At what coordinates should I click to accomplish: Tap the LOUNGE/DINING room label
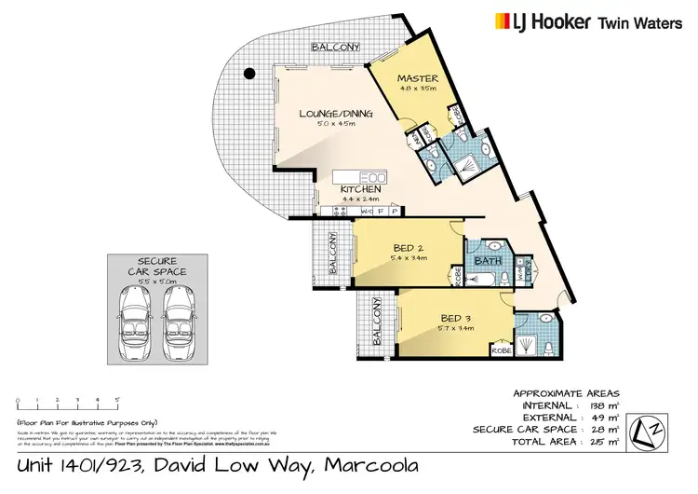click(335, 114)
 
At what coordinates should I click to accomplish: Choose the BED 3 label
click(456, 317)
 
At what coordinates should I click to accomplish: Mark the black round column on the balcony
click(248, 74)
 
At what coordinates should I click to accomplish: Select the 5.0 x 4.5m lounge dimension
click(335, 126)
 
